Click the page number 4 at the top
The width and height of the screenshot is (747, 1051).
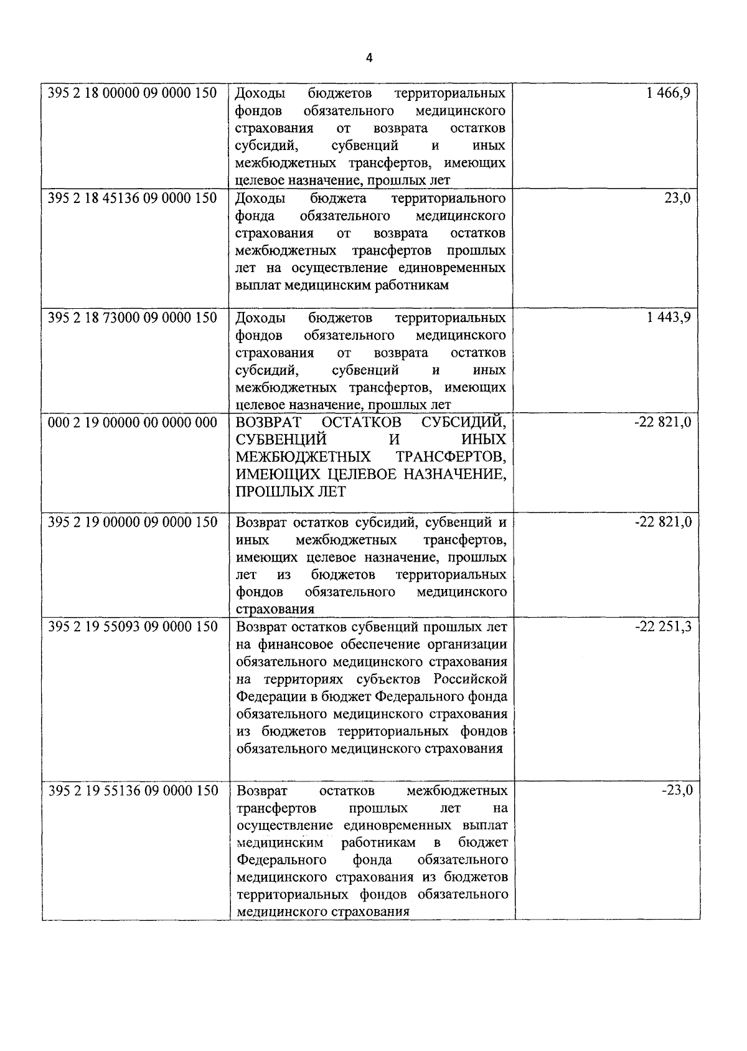(369, 58)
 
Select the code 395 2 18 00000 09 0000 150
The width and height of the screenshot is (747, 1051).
(133, 93)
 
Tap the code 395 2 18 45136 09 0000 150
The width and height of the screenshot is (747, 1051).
(133, 198)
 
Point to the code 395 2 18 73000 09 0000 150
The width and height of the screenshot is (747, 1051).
(133, 318)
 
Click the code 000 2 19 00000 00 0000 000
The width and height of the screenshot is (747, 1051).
(133, 422)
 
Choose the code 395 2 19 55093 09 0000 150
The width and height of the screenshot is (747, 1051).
(133, 626)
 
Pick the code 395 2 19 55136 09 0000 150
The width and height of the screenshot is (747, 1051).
(133, 791)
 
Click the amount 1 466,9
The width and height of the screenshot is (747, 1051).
(669, 93)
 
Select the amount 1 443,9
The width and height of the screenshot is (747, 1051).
(669, 318)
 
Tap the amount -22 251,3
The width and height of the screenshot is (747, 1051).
(663, 626)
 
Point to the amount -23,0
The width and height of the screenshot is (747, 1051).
(677, 791)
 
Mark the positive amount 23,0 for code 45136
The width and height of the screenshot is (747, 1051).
(678, 198)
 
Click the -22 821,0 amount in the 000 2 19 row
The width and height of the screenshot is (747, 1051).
(663, 422)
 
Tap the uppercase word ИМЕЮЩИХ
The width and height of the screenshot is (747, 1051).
(269, 474)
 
